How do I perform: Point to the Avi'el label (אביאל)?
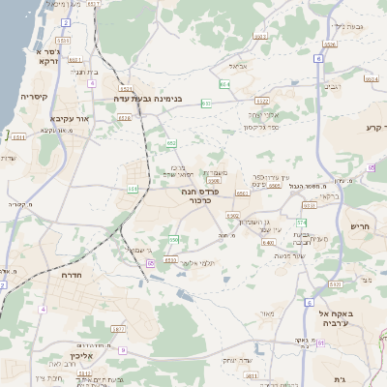click(x=239, y=66)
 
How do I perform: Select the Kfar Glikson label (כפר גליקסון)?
click(x=262, y=127)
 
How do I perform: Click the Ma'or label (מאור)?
click(x=268, y=312)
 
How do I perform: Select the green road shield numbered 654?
click(x=223, y=85)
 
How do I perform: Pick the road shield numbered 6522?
click(x=261, y=100)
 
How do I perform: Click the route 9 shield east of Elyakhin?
click(x=123, y=350)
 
